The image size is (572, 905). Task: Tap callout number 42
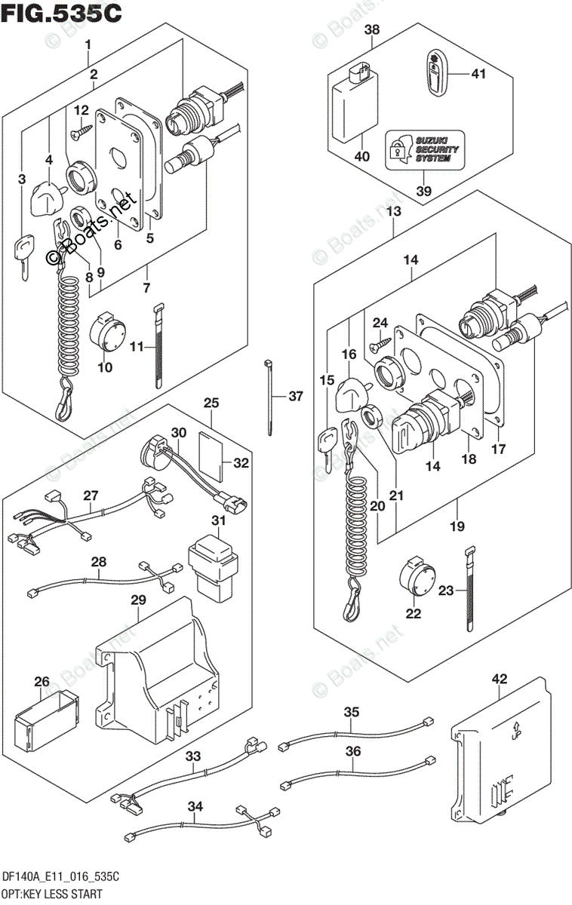(500, 678)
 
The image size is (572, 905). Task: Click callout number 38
(371, 31)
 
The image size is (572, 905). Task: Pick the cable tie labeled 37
(269, 397)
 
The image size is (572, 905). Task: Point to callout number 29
(137, 599)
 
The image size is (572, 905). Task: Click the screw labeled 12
(79, 133)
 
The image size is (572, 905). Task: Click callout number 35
(351, 711)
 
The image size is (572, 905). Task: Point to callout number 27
(91, 495)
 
